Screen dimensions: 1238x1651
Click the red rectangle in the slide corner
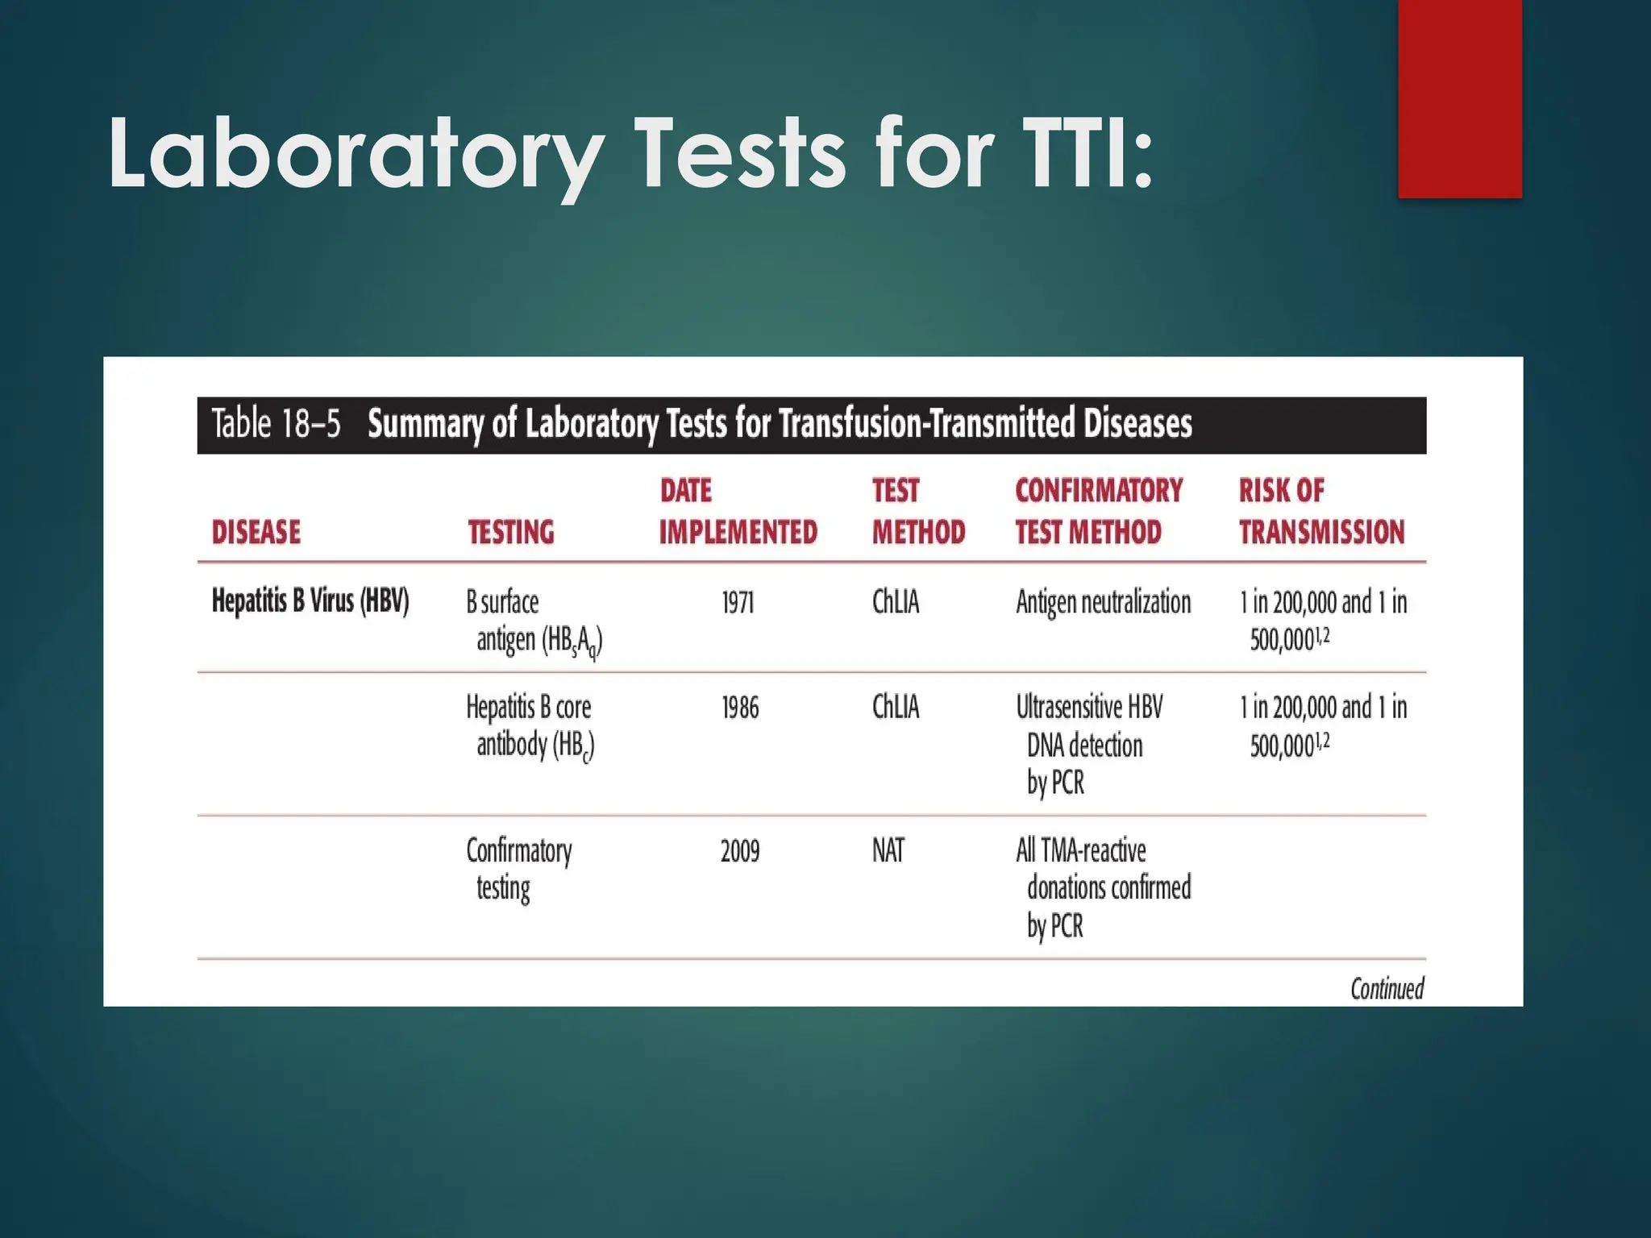1459,98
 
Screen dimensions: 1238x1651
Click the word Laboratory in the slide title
355,153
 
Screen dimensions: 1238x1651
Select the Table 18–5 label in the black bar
277,424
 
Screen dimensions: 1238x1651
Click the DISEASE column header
256,532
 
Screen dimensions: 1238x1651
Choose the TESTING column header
511,532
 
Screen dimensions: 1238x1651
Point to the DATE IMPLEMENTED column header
738,511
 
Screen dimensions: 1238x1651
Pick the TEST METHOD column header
918,511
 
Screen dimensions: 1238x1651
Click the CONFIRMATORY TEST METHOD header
1099,511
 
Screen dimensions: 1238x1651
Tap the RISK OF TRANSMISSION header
1321,511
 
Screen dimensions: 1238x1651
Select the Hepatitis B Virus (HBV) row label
310,601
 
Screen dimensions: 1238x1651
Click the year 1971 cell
738,603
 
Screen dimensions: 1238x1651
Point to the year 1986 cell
740,708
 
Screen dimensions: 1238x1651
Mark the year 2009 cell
740,851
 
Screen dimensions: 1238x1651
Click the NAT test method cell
888,851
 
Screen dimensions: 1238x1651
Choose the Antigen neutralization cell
1103,603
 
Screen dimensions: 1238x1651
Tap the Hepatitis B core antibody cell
530,725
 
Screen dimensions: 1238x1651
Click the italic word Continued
1387,989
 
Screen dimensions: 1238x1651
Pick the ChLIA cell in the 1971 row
896,603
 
